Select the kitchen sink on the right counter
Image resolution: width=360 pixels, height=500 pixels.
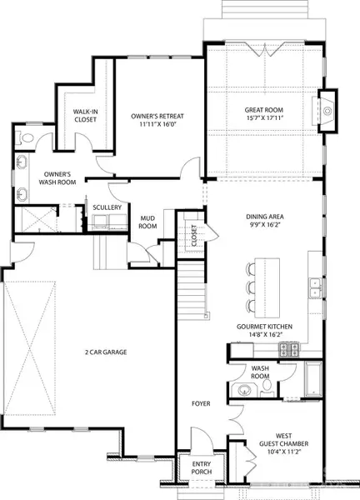(314, 289)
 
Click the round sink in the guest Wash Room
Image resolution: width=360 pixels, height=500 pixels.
(247, 391)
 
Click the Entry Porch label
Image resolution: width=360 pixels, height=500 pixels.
(201, 467)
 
